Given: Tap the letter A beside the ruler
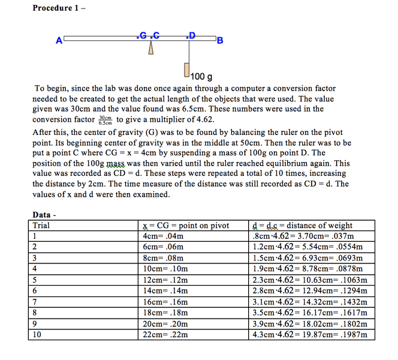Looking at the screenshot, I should [x=59, y=41].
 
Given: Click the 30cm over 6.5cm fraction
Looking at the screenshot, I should [x=106, y=120].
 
